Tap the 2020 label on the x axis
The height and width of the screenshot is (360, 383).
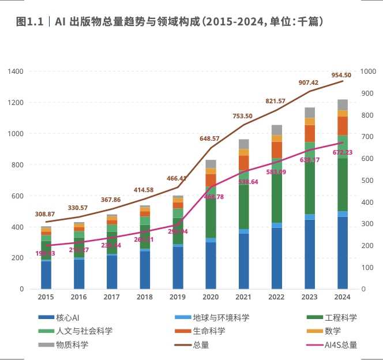coord(211,297)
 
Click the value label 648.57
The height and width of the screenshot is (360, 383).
coord(209,139)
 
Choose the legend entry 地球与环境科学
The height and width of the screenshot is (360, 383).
coord(212,318)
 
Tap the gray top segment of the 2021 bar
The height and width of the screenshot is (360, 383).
coord(244,144)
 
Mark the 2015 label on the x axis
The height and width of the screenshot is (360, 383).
coord(46,297)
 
